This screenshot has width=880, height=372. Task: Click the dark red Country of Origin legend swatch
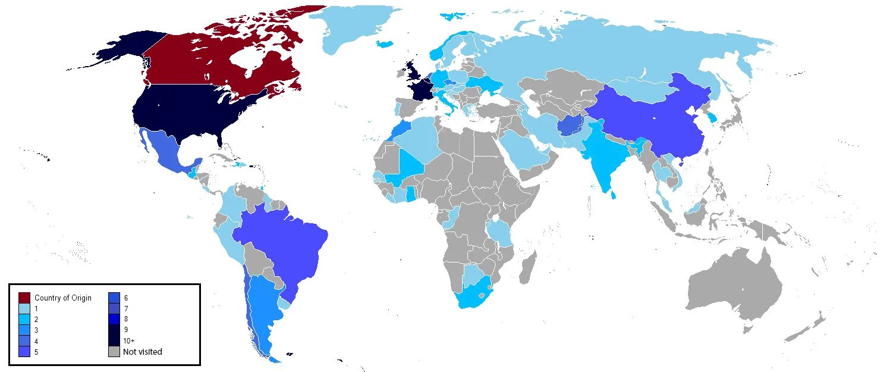tap(24, 298)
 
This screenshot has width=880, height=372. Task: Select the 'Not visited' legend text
tap(142, 352)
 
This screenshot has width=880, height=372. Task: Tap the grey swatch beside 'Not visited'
tap(115, 352)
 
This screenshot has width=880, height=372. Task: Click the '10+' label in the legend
tap(129, 341)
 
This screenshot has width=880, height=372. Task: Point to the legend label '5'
tap(36, 352)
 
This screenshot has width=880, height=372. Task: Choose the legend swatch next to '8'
tap(115, 319)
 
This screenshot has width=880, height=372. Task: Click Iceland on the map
tap(386, 44)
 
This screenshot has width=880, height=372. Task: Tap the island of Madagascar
tap(527, 268)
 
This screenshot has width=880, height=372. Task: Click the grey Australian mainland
tap(734, 292)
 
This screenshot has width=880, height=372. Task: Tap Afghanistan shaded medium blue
tap(570, 126)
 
